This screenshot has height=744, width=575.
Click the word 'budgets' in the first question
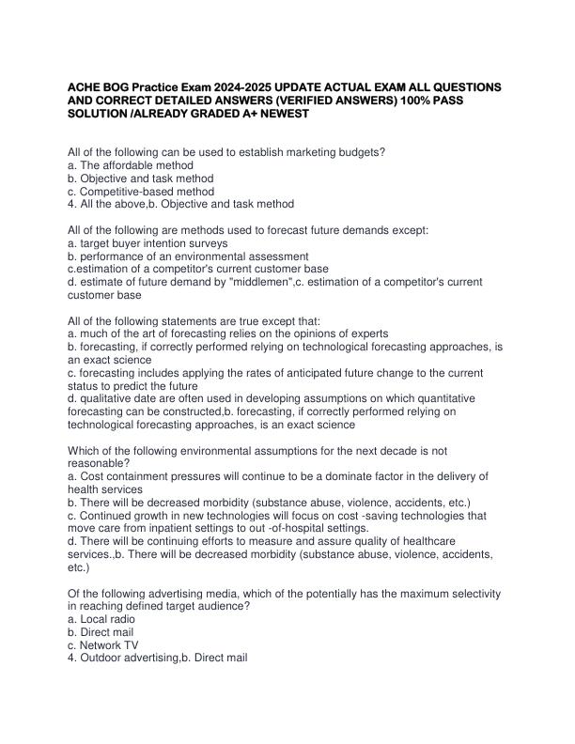tap(356, 152)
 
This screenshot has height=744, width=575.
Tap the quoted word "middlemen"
tap(256, 281)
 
